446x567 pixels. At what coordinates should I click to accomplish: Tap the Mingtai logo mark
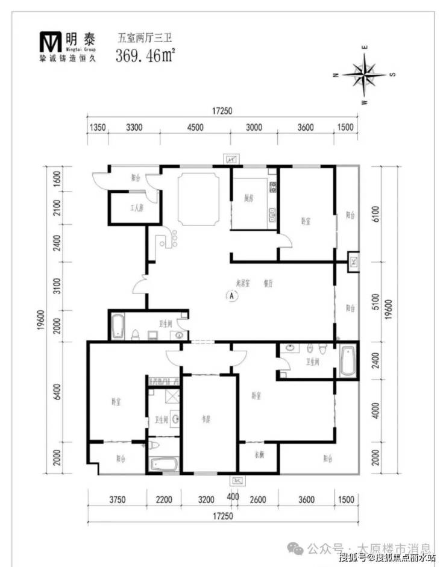click(x=51, y=40)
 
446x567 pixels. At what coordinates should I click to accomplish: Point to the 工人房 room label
click(x=137, y=208)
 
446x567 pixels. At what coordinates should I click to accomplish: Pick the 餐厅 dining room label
click(x=268, y=282)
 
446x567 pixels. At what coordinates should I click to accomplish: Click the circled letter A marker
click(x=230, y=295)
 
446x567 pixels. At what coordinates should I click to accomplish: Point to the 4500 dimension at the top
click(x=195, y=128)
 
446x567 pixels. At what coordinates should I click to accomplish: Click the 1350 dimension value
click(x=98, y=128)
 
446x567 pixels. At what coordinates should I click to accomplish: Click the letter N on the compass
click(x=335, y=75)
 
